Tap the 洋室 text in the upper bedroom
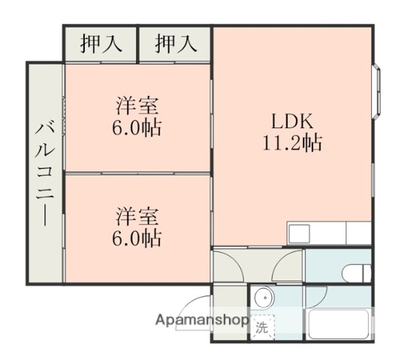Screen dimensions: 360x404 point(137,106)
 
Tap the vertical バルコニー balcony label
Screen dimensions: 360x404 point(44,172)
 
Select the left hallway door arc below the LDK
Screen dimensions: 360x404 point(229,265)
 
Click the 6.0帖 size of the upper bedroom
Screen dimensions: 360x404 point(137,127)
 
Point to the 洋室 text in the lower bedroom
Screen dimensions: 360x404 point(137,217)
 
